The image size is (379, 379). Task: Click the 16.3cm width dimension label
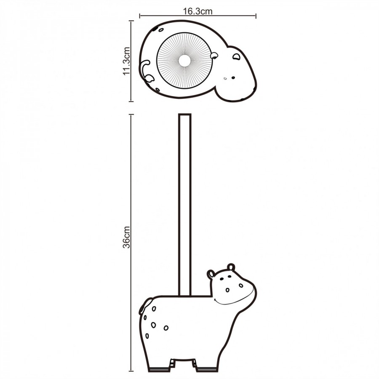(x=198, y=11)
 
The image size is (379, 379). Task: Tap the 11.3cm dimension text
(x=126, y=61)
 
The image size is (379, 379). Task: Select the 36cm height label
(x=126, y=237)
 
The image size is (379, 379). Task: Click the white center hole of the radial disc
(x=184, y=60)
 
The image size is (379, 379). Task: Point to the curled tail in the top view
(x=146, y=71)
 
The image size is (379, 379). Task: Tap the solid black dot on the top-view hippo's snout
(x=233, y=78)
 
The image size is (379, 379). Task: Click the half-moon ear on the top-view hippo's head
(x=236, y=57)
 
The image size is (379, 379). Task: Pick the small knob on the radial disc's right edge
(x=214, y=56)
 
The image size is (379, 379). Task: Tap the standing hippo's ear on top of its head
(x=231, y=267)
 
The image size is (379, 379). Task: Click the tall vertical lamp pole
(x=185, y=205)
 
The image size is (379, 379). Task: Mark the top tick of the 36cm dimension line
(x=131, y=115)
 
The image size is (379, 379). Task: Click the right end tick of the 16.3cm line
(x=256, y=16)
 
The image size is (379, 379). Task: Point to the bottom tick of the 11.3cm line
(x=131, y=101)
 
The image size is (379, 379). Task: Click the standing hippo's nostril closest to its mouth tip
(x=241, y=286)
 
